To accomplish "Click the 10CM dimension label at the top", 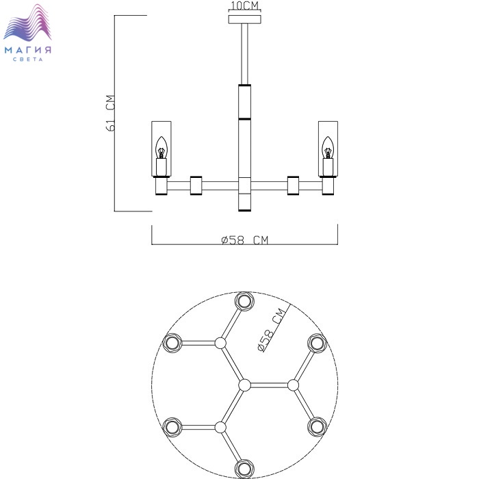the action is tap(245, 5).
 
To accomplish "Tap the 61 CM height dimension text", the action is tap(110, 114).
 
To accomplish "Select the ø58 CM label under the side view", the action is tap(245, 240).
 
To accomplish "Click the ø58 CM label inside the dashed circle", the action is tap(272, 331).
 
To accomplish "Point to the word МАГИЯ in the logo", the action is tap(28, 50).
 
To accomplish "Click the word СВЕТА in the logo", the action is tap(28, 60).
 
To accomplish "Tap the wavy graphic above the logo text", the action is tap(27, 23).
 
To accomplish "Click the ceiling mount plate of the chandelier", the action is tap(245, 19).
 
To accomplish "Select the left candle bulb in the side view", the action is tap(161, 148).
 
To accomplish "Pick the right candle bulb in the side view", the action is tap(328, 148).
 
